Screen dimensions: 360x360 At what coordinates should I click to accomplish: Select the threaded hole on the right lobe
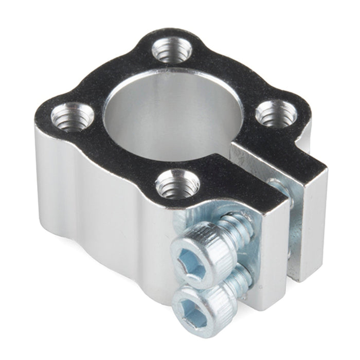275,113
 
